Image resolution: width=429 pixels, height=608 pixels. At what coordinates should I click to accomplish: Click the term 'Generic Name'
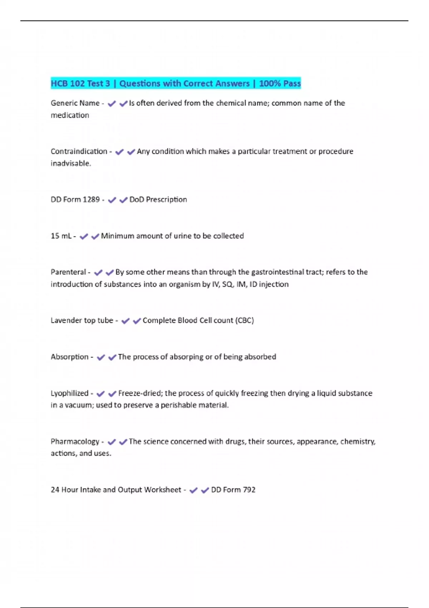tap(75, 103)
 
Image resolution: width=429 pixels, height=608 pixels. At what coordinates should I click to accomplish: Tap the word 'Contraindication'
tap(79, 151)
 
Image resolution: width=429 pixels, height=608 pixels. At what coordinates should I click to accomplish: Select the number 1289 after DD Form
tap(91, 200)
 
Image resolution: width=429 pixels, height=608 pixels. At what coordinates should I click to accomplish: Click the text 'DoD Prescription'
tap(158, 200)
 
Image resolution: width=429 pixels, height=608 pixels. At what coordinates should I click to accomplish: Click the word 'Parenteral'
tap(68, 272)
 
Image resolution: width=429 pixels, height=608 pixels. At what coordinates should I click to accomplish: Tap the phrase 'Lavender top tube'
tap(82, 320)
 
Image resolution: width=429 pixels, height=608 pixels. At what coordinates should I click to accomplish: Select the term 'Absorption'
tap(69, 357)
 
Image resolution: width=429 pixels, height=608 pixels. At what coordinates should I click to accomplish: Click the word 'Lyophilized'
tap(69, 393)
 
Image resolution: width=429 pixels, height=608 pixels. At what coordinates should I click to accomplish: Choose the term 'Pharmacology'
tap(75, 442)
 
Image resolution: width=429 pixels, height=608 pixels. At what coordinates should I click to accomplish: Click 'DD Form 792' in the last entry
tap(233, 490)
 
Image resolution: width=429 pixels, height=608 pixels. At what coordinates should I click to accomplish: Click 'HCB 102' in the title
tap(68, 84)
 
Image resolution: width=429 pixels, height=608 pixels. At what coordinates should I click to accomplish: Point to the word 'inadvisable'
tap(70, 163)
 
